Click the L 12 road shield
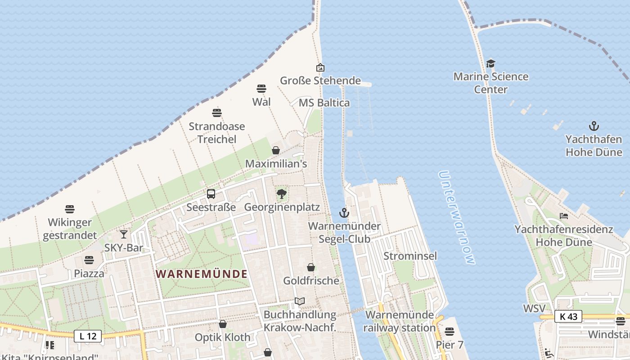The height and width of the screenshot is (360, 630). [x=88, y=336]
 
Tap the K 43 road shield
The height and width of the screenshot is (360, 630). [x=568, y=316]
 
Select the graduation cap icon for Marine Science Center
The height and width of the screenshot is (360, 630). [x=490, y=63]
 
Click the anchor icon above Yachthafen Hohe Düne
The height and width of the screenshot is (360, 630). [x=594, y=126]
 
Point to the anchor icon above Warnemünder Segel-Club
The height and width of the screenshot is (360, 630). [x=344, y=213]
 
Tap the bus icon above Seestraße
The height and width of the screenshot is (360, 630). [x=211, y=194]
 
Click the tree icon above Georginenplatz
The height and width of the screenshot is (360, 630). [x=282, y=194]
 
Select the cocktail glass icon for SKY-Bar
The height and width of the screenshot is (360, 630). [x=124, y=234]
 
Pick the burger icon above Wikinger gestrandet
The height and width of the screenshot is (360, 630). [x=69, y=209]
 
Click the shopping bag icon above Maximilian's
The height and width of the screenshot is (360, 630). [x=276, y=150]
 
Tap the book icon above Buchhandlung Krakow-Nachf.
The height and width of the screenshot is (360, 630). [x=300, y=301]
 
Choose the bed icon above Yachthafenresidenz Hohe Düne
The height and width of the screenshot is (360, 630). [x=563, y=216]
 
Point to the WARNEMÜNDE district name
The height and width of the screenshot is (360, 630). [x=202, y=274]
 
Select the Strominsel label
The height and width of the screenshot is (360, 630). [x=410, y=256]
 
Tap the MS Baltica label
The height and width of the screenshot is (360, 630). [x=324, y=103]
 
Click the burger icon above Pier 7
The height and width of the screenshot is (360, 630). [x=449, y=332]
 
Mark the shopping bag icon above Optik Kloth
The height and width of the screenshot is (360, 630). [x=222, y=324]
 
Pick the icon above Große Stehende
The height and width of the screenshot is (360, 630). [x=320, y=67]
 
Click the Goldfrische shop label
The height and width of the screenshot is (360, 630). [x=311, y=281]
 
